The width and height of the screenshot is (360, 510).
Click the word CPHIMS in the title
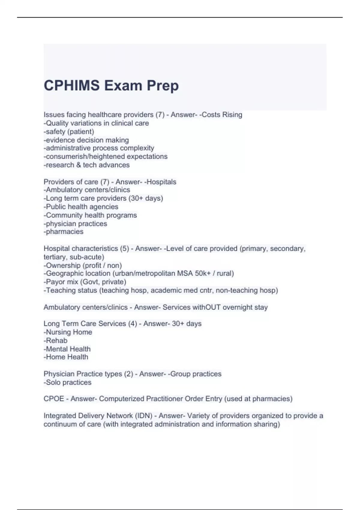(72, 85)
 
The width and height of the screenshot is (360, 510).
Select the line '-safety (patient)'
(69, 132)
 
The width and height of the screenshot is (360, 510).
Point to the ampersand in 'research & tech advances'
(78, 165)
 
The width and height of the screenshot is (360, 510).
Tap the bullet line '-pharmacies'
(64, 232)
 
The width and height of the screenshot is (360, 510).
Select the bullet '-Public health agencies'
(81, 207)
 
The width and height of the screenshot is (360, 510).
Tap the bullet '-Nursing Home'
(68, 332)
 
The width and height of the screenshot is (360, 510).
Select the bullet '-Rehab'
(55, 340)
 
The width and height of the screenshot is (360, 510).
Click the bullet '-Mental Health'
(67, 349)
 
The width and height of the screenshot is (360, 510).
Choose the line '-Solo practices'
(67, 382)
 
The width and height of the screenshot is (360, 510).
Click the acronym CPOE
(54, 399)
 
